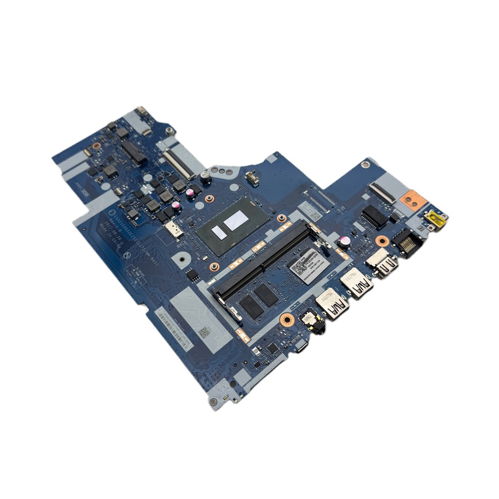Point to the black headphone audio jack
coord(312,323)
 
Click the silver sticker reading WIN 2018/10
coord(308,266)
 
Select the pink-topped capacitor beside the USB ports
coord(345,242)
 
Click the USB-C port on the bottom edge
coord(302,347)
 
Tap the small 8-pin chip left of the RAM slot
coord(192,275)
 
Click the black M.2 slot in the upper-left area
coord(134,152)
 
